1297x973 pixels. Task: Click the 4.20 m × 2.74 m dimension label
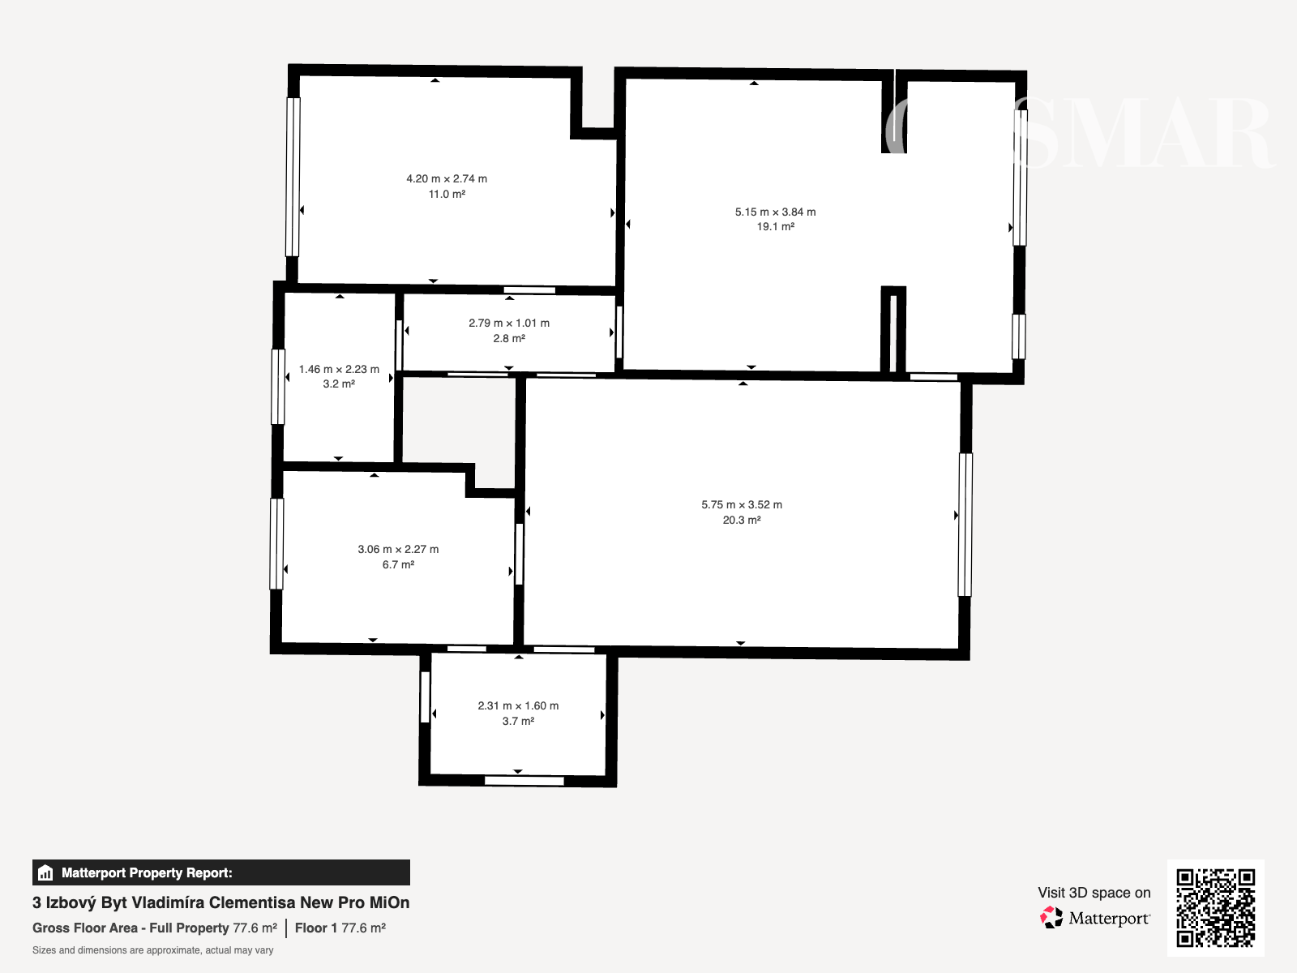tap(447, 178)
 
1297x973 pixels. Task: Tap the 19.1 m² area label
tap(775, 227)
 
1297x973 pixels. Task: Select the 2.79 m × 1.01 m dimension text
tap(509, 324)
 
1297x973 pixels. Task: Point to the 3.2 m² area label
tap(339, 384)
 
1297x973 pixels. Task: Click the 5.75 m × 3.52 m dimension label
tap(742, 504)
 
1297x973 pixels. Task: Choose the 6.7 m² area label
tap(398, 565)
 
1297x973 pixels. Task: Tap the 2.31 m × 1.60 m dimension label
tap(518, 705)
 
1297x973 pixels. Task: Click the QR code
tap(1215, 908)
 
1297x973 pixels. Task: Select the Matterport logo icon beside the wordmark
tap(1051, 918)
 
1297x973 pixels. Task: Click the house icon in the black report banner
tap(45, 872)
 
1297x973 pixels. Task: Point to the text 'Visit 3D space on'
tap(1094, 893)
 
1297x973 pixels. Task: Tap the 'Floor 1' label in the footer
tap(316, 928)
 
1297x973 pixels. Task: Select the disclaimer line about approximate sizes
tap(153, 950)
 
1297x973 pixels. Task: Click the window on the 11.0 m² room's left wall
tap(293, 177)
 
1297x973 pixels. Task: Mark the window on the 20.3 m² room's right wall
tap(965, 525)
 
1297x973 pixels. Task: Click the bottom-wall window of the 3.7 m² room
tap(524, 781)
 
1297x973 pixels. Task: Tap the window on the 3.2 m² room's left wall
tap(278, 387)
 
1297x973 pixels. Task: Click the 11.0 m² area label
tap(447, 195)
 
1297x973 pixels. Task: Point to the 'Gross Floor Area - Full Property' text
tap(131, 928)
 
